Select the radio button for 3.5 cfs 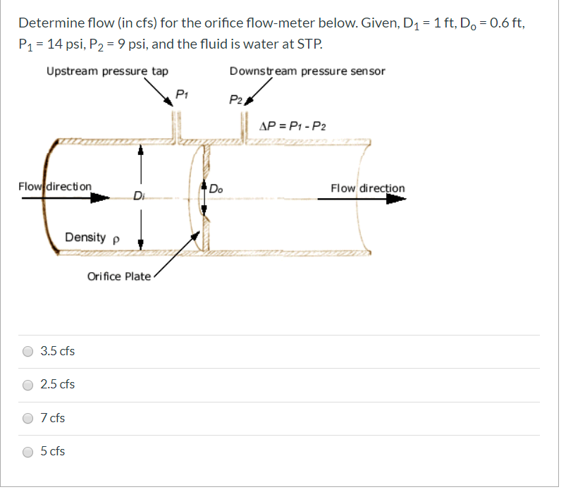pyautogui.click(x=28, y=351)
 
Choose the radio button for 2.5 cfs pyautogui.click(x=28, y=385)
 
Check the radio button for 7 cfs pyautogui.click(x=28, y=418)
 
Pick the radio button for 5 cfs pyautogui.click(x=28, y=451)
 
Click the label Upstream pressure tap pyautogui.click(x=107, y=71)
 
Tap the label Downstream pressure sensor pyautogui.click(x=307, y=71)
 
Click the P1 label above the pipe pyautogui.click(x=181, y=94)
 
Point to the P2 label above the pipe pyautogui.click(x=235, y=100)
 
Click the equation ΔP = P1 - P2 pyautogui.click(x=293, y=127)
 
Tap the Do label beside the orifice pyautogui.click(x=216, y=188)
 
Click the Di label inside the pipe pyautogui.click(x=139, y=195)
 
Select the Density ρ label pyautogui.click(x=92, y=238)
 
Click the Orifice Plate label pyautogui.click(x=118, y=276)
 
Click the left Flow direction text pyautogui.click(x=55, y=187)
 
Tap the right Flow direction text pyautogui.click(x=368, y=188)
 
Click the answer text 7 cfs pyautogui.click(x=53, y=418)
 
